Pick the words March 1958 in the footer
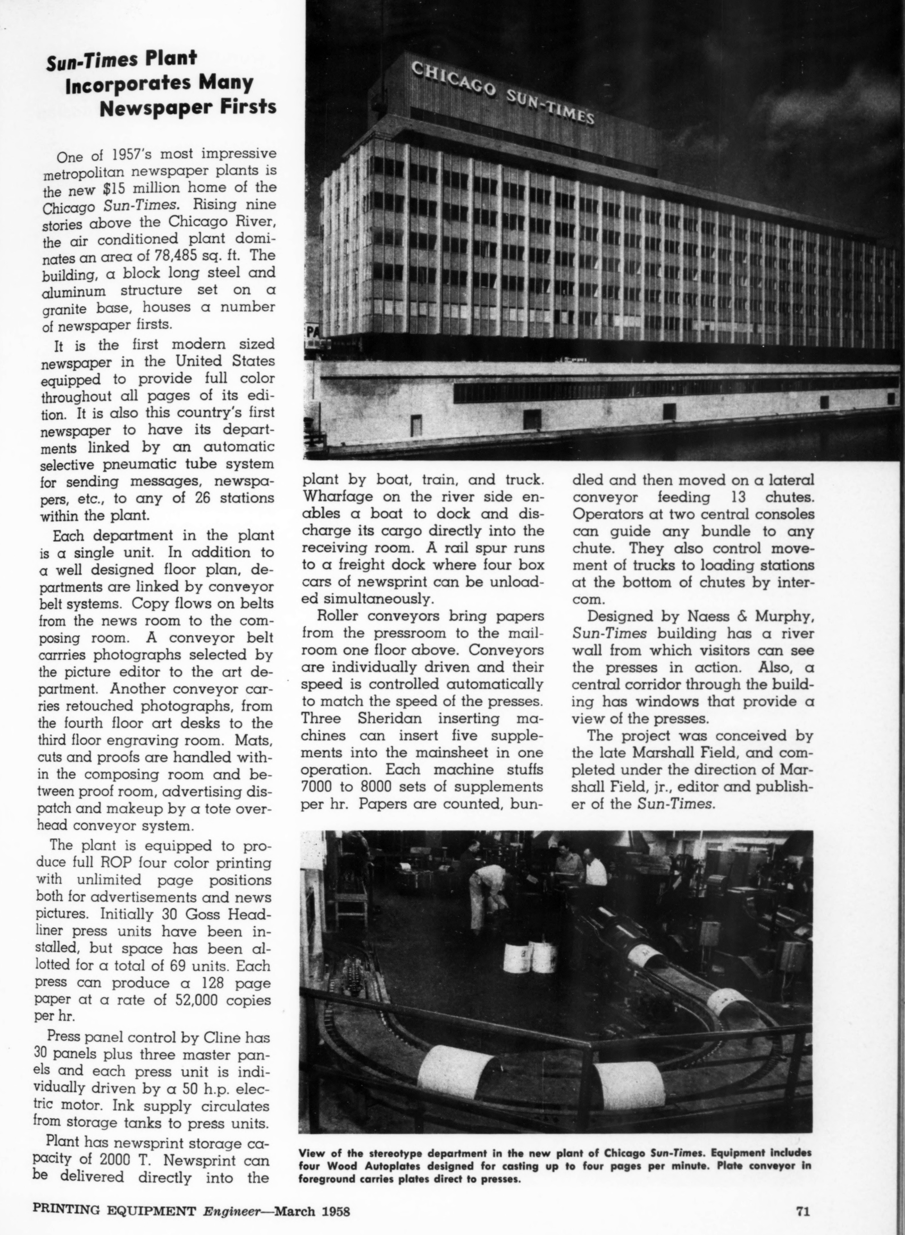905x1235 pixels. (312, 1206)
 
